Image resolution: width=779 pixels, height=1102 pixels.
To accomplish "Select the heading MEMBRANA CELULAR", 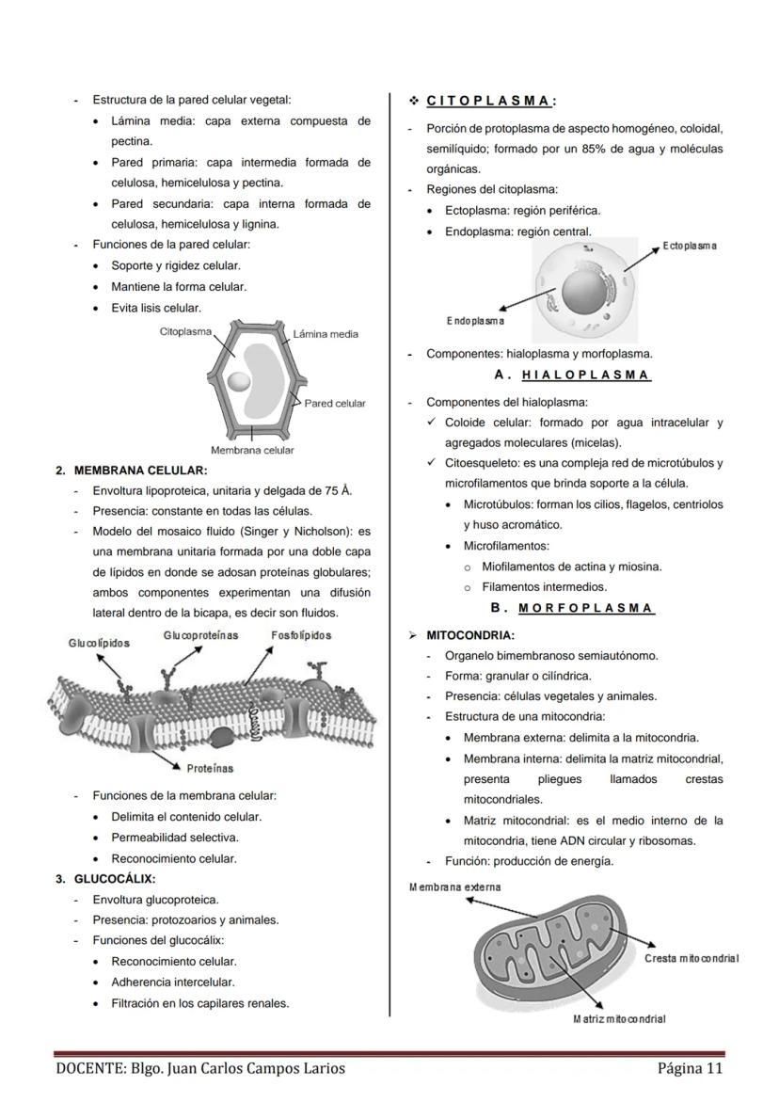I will (140, 470).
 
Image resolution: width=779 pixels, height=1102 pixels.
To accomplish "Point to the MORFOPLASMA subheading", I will (586, 608).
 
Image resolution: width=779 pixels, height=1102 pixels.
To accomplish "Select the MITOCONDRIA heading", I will (470, 635).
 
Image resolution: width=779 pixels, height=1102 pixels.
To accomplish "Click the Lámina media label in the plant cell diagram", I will (326, 334).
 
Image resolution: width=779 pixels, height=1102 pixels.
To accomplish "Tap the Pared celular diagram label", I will (335, 404).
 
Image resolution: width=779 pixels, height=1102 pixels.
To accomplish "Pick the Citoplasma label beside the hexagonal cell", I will (185, 331).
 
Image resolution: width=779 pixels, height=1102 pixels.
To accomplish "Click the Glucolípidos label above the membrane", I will (99, 643).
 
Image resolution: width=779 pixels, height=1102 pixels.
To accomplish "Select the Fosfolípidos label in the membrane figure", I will (301, 635).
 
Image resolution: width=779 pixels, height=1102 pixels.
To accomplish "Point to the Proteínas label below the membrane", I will (210, 768).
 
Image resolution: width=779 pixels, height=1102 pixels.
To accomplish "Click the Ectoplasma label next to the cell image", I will (689, 246).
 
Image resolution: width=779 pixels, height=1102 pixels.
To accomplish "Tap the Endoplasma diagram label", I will (475, 321).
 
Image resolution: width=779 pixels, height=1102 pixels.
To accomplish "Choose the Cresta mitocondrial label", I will (692, 958).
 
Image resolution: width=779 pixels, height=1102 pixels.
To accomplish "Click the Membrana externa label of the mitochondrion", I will (455, 886).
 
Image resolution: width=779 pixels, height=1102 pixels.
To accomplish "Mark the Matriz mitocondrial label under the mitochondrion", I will (619, 1019).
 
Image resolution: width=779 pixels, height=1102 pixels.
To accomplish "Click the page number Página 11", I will (691, 1068).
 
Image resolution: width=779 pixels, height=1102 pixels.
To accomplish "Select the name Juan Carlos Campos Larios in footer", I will (255, 1068).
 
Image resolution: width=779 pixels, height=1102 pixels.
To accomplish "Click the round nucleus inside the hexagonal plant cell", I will (239, 381).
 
